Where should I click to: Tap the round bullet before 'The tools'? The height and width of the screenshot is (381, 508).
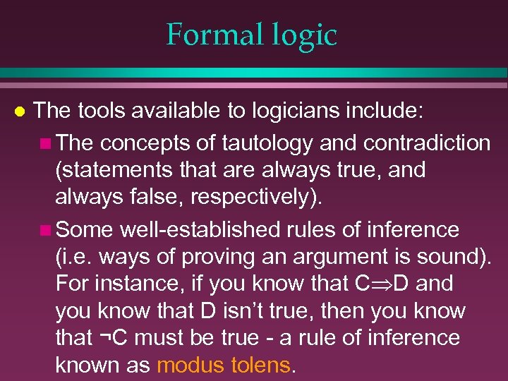pos(20,111)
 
